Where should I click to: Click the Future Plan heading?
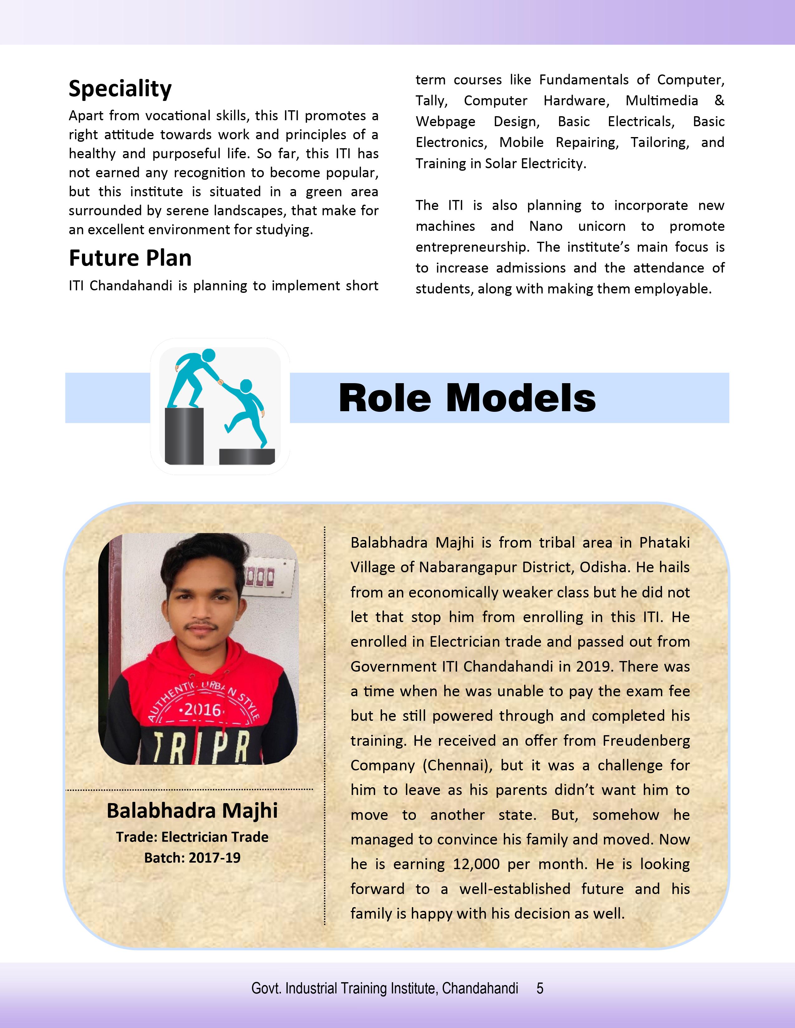coord(130,258)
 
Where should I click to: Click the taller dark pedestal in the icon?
coord(184,436)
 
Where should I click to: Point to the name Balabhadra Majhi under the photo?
coord(192,811)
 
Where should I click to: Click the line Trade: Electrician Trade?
coord(192,837)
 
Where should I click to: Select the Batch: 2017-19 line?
coord(192,858)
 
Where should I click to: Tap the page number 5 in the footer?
coord(540,988)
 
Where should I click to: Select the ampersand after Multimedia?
coord(719,101)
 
